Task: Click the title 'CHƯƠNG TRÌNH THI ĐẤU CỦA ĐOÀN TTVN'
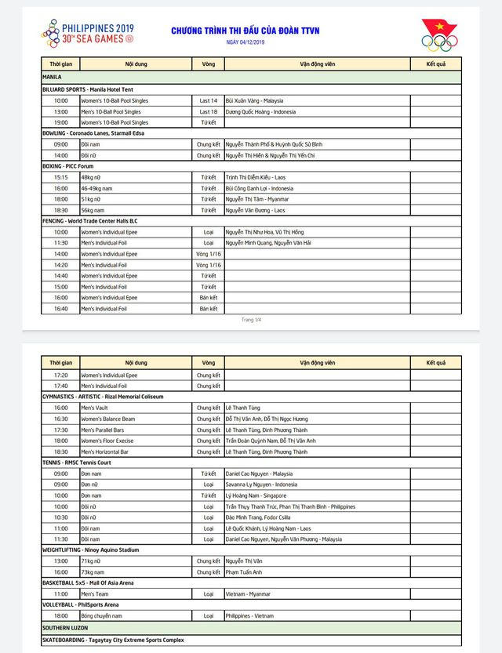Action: pyautogui.click(x=246, y=31)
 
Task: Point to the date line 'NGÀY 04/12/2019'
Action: pyautogui.click(x=246, y=42)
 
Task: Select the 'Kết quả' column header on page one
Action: pyautogui.click(x=435, y=62)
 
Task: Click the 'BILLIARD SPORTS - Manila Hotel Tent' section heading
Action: pyautogui.click(x=88, y=89)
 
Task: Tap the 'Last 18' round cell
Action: pyautogui.click(x=208, y=111)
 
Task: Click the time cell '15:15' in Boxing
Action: pyautogui.click(x=60, y=177)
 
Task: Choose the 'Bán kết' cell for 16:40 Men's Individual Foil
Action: pyautogui.click(x=208, y=309)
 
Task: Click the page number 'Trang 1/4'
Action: pyautogui.click(x=251, y=320)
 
